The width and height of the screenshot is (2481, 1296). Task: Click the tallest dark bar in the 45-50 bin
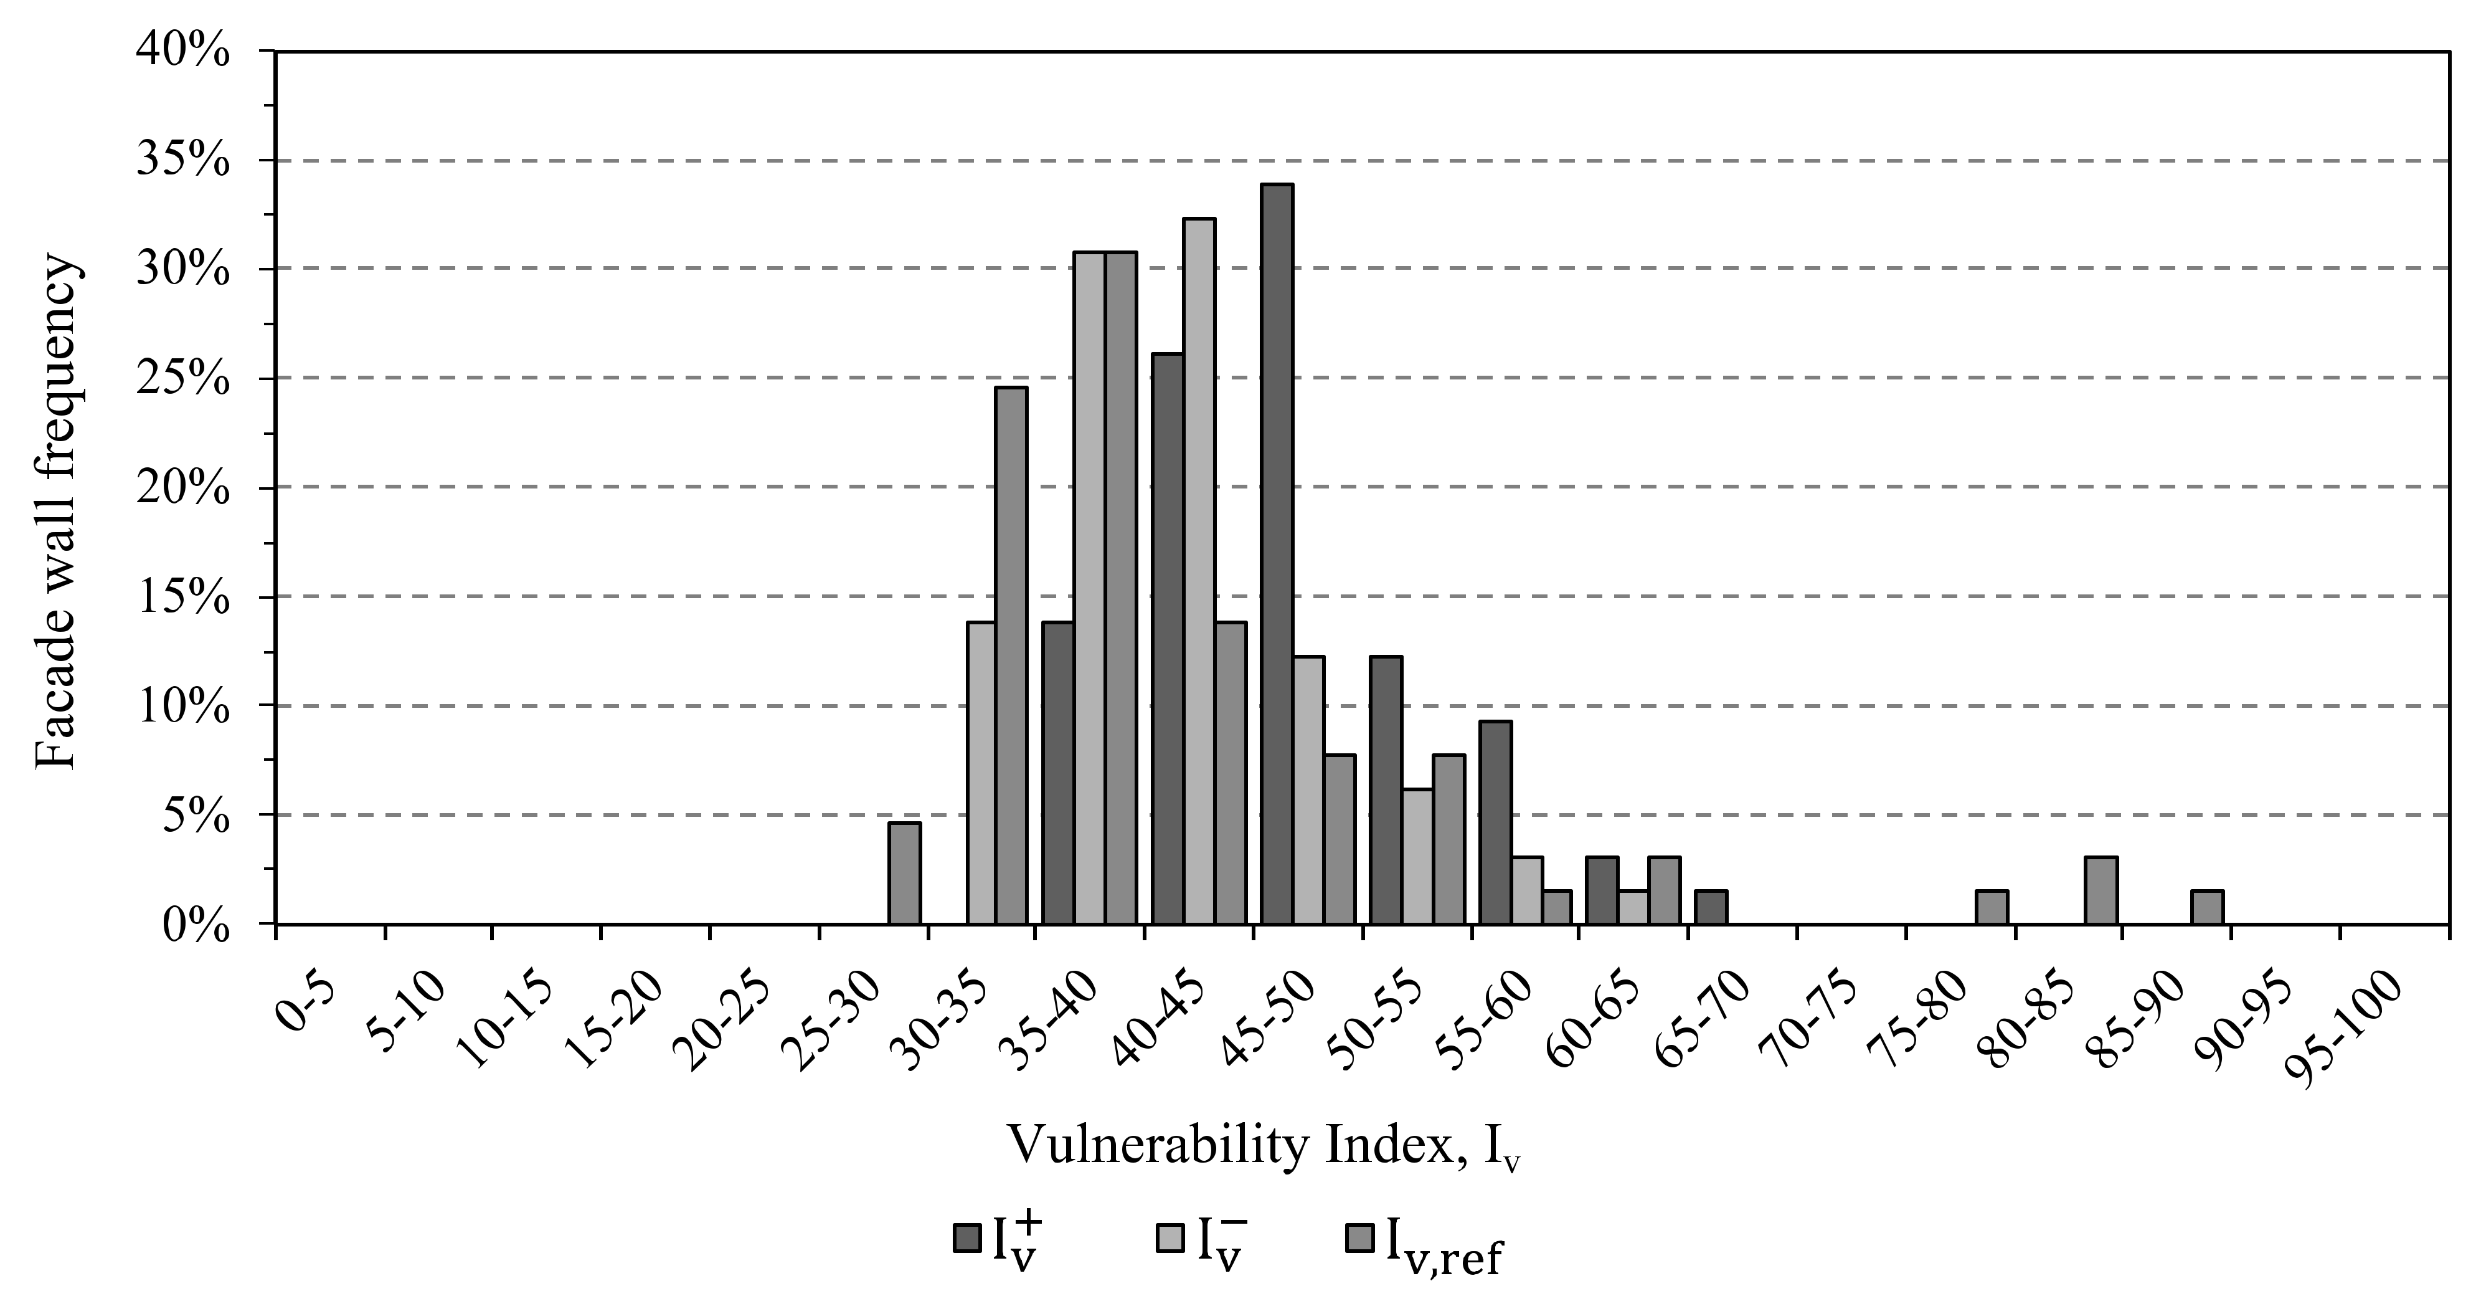tap(1277, 553)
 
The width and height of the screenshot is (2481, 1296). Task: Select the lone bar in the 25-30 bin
tap(904, 873)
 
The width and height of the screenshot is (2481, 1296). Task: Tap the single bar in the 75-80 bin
tap(1992, 907)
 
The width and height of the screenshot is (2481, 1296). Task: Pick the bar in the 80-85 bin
tap(2101, 890)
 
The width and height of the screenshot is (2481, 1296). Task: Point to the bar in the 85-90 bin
tap(2208, 907)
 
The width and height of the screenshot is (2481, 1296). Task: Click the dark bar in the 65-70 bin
tap(1711, 907)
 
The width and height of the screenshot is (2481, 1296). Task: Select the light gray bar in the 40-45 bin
tap(1199, 571)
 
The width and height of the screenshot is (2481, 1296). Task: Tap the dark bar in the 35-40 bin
tap(1059, 773)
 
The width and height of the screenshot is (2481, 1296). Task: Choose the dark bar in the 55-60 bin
tap(1495, 822)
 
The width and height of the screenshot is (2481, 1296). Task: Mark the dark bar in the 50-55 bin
tap(1386, 790)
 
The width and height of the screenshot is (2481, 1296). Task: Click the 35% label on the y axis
tap(183, 160)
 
